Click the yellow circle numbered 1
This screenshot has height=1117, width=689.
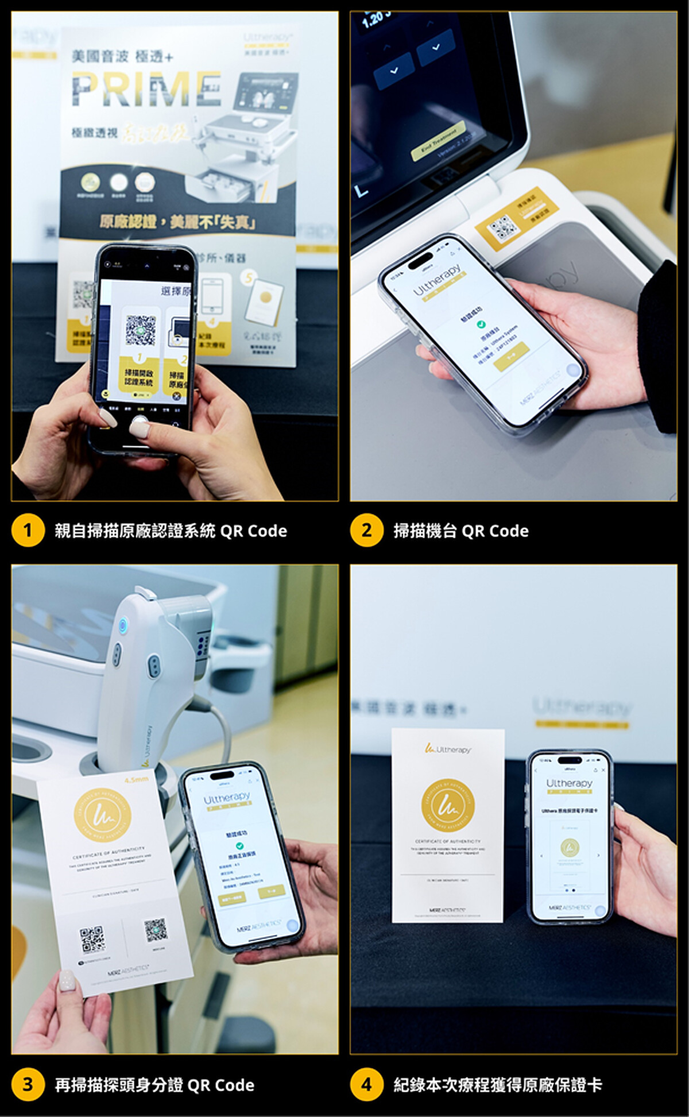pos(28,530)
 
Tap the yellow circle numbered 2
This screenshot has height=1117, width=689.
pos(366,530)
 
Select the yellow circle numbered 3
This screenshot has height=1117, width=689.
pos(28,1084)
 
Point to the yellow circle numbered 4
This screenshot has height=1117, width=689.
pos(366,1084)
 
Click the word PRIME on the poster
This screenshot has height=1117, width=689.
pos(146,90)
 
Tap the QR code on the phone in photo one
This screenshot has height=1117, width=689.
pos(141,330)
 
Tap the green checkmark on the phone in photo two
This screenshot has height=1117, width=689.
pos(481,324)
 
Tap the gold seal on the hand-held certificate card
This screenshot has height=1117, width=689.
pos(103,815)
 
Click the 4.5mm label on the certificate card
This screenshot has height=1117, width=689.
pos(137,779)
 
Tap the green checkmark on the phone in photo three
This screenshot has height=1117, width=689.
pos(239,846)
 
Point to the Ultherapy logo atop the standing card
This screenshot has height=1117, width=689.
pos(448,749)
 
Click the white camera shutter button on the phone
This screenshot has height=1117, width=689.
pos(140,426)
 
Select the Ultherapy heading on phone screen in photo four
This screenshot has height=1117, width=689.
pos(569,783)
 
